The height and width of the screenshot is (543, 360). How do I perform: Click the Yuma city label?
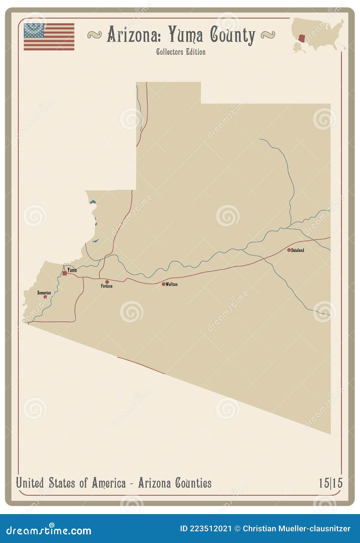coord(72,270)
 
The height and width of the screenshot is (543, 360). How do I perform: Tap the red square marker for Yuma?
coord(65,273)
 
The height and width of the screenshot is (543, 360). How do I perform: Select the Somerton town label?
coord(44,293)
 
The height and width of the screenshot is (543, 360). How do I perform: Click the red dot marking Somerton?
coord(45,297)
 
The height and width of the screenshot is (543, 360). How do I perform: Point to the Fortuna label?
coord(107,286)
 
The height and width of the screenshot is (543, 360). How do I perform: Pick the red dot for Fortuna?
coord(107,282)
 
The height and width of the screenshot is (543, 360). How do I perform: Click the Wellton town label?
coord(172,284)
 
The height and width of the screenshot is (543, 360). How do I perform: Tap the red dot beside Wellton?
coord(164,284)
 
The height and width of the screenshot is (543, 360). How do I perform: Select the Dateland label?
coord(298,250)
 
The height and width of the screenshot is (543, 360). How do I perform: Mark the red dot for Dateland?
coord(289,250)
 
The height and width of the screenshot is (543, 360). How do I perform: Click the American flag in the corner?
coord(49,37)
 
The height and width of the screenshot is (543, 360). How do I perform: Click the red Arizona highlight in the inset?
coord(302,39)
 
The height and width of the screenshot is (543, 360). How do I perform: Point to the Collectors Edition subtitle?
coord(181,52)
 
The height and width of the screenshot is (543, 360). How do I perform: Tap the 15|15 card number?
coord(330,483)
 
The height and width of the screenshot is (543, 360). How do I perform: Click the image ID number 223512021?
coord(210,529)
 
